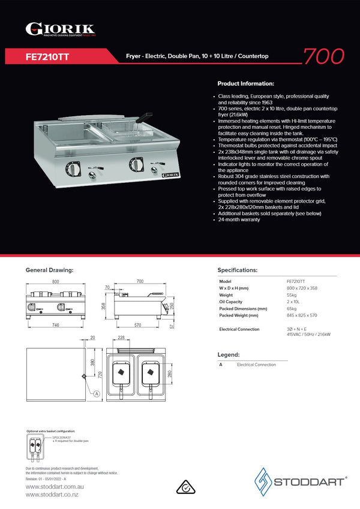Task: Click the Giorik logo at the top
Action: point(60,29)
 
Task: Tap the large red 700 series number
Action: point(323,56)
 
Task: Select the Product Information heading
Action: point(245,84)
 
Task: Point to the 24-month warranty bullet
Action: point(239,220)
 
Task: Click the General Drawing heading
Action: point(49,270)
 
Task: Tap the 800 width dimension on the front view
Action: point(56,281)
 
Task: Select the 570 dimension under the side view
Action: point(137,325)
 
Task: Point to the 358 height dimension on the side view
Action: point(103,306)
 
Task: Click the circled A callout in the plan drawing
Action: point(96,393)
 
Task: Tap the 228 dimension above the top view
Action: point(121,338)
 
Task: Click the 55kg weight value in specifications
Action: point(292,296)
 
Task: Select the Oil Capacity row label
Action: point(230,302)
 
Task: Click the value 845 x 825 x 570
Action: point(302,315)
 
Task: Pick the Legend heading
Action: point(228,355)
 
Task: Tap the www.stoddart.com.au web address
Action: point(53,487)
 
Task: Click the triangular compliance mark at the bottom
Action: point(187,487)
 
